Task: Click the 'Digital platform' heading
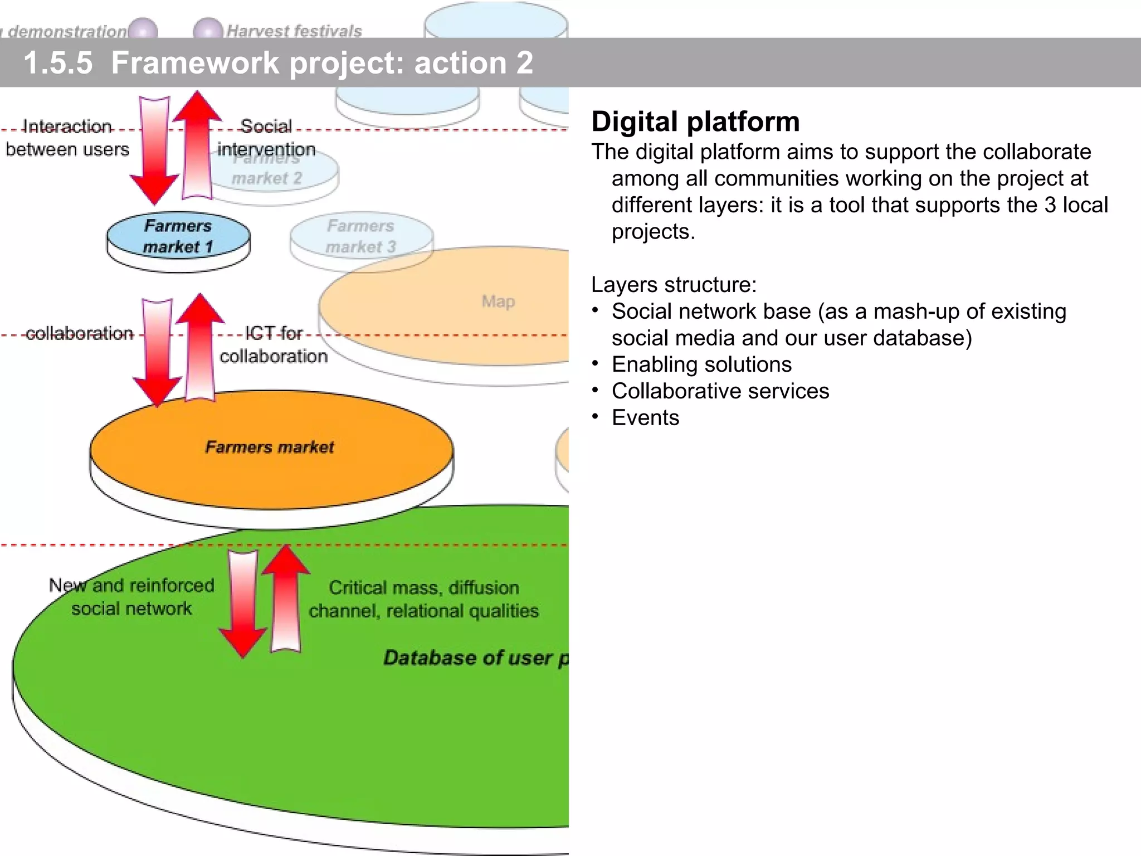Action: tap(695, 121)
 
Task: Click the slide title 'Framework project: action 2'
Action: tap(322, 62)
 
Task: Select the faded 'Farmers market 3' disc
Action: tap(361, 236)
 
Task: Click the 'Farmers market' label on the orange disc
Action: tap(270, 447)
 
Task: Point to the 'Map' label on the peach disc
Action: tap(498, 301)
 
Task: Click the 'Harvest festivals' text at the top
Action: tap(294, 31)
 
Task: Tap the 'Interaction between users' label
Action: tap(67, 138)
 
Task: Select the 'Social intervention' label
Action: tap(266, 138)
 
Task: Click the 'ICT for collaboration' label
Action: tap(273, 345)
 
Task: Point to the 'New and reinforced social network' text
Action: tap(131, 597)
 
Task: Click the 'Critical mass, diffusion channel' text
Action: tap(423, 599)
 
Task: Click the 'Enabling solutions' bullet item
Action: tap(701, 364)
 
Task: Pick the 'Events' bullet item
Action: tap(645, 418)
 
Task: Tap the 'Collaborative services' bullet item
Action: tap(720, 391)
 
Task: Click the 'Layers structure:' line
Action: tap(674, 285)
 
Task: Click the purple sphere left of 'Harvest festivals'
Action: tap(207, 29)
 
